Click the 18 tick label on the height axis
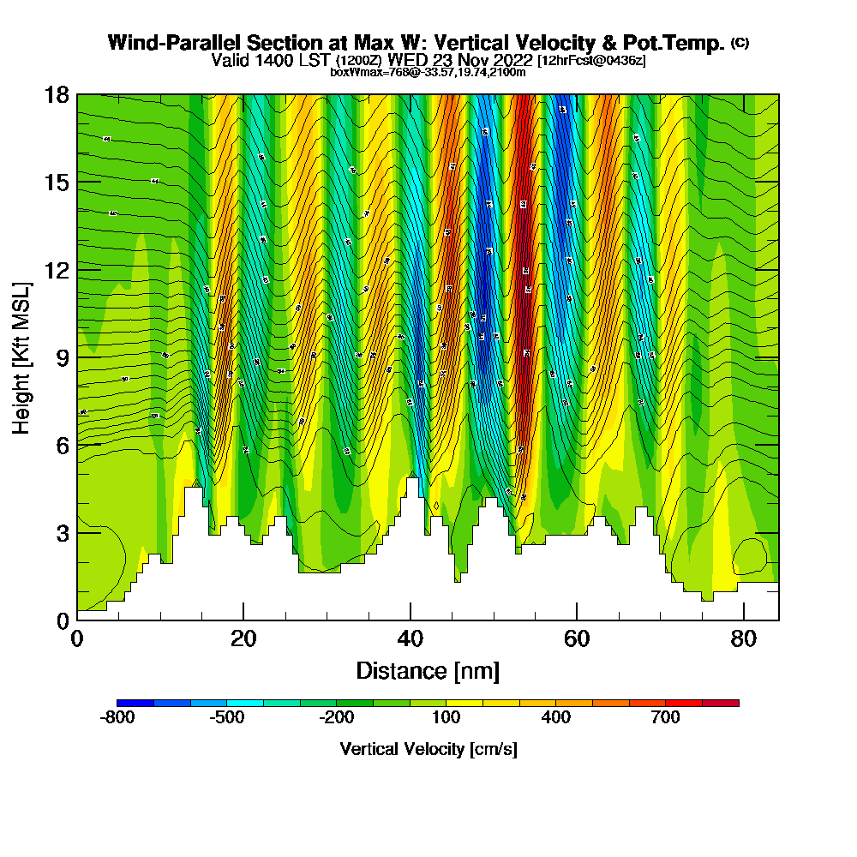coord(57,94)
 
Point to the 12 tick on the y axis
coord(57,270)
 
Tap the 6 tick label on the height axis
coord(62,445)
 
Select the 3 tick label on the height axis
coord(62,532)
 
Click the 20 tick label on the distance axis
coord(243,638)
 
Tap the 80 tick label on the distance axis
coord(744,638)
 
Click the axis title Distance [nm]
coord(428,670)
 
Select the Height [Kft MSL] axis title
coord(21,357)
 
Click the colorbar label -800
coord(117,718)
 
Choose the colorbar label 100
coord(447,718)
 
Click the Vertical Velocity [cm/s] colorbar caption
coord(428,750)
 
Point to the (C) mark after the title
coord(739,42)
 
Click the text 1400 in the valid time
coord(266,60)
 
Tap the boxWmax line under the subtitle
coord(428,72)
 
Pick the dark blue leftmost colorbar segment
coord(135,703)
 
